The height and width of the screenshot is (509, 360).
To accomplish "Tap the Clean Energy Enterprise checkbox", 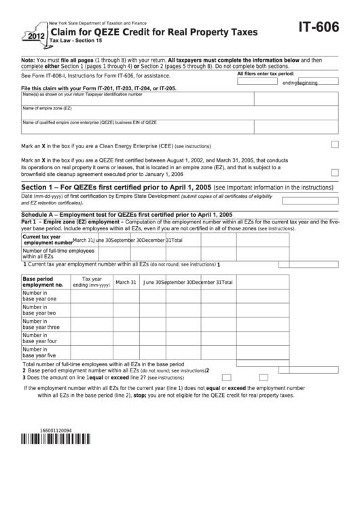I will [335, 145].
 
